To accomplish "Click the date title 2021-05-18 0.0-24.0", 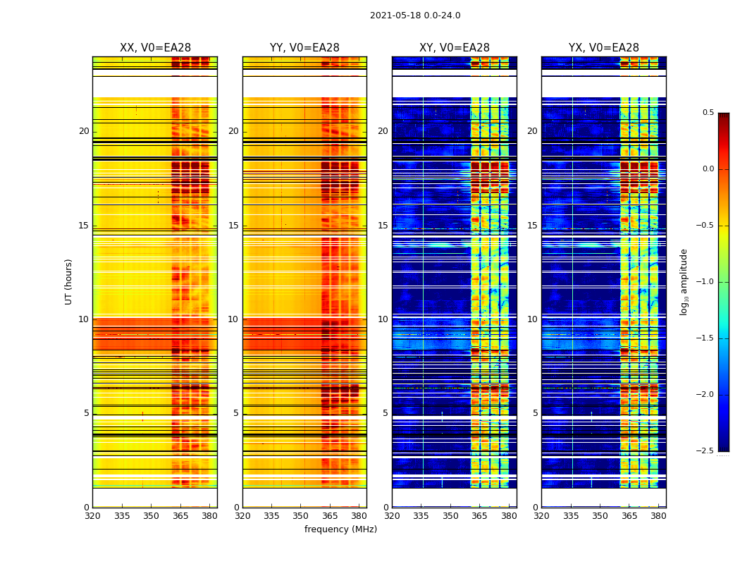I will (415, 16).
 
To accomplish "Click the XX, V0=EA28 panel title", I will (155, 48).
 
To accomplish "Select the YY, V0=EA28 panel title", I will (304, 48).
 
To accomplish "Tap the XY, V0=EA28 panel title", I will (455, 48).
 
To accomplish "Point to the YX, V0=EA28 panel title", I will (604, 48).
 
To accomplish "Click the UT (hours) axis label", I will (68, 281).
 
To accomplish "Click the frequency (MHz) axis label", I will (340, 529).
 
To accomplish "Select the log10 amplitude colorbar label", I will (684, 281).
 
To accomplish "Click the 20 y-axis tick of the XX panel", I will (84, 131).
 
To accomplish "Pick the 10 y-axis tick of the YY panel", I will (233, 319).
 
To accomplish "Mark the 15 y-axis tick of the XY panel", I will (383, 226).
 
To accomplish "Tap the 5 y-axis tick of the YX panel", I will (535, 413).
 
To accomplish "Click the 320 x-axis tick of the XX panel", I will (92, 516).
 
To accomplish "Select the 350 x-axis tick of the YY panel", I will (301, 516).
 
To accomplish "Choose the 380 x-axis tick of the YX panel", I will (658, 516).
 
